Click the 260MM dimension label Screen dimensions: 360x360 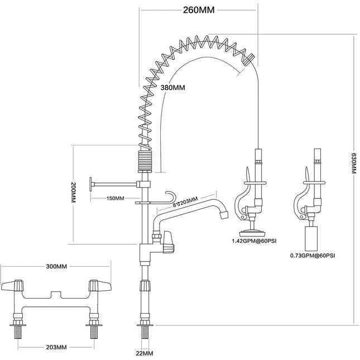pos(199,9)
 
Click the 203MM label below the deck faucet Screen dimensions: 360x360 pos(56,347)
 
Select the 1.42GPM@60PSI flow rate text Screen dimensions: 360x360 pos(254,242)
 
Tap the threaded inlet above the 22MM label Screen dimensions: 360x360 pos(145,335)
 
